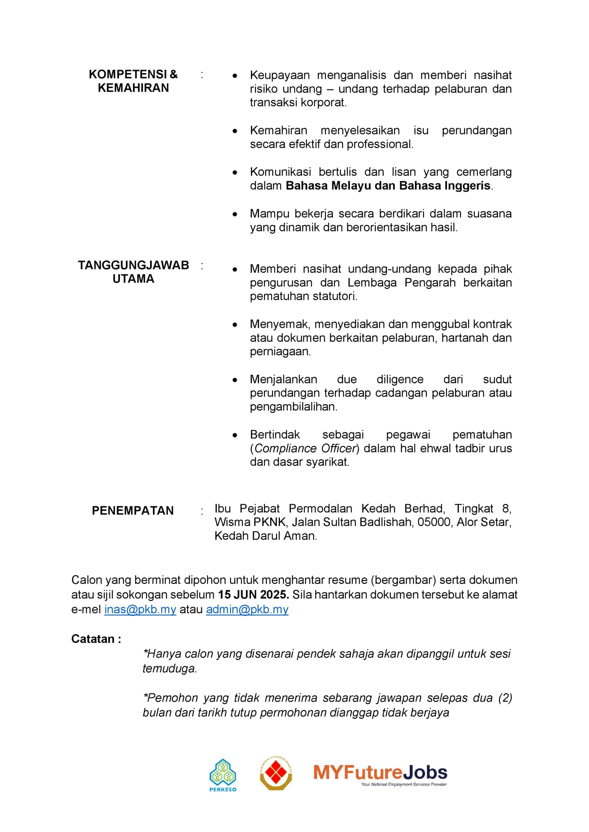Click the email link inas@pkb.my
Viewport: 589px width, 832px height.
pyautogui.click(x=140, y=609)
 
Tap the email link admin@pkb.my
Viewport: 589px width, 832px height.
pyautogui.click(x=247, y=609)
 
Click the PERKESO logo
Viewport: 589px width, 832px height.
pyautogui.click(x=223, y=775)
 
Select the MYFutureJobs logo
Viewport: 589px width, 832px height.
pyautogui.click(x=380, y=774)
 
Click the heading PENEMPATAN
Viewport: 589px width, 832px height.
pyautogui.click(x=133, y=511)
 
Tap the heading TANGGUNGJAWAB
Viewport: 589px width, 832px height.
pyautogui.click(x=133, y=265)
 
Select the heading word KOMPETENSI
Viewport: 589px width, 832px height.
pyautogui.click(x=128, y=74)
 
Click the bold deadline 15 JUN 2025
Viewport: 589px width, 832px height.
pyautogui.click(x=253, y=595)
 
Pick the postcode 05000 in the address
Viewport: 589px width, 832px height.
pyautogui.click(x=434, y=522)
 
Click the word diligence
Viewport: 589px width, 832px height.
pyautogui.click(x=400, y=379)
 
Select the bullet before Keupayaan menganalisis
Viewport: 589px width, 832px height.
pyautogui.click(x=235, y=76)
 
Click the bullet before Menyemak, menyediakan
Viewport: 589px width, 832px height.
pyautogui.click(x=235, y=325)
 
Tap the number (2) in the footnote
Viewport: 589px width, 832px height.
pyautogui.click(x=505, y=698)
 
